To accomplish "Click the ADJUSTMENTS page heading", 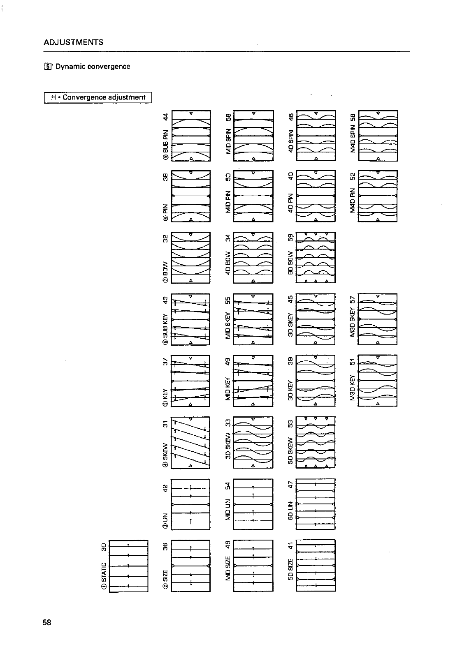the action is click(73, 42).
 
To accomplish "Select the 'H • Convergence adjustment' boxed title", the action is click(98, 97).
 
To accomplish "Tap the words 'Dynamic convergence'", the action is click(93, 67).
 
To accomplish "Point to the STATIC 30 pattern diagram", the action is click(128, 566).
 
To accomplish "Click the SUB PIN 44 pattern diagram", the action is click(191, 136).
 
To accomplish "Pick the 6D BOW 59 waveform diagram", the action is click(316, 257).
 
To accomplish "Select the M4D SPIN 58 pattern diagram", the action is click(378, 136).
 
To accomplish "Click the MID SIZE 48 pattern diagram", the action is click(253, 566).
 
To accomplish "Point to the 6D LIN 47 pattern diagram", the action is click(316, 504).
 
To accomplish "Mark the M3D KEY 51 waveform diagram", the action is click(378, 381).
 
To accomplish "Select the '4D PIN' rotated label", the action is click(290, 201).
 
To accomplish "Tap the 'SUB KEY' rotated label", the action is click(165, 325).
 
